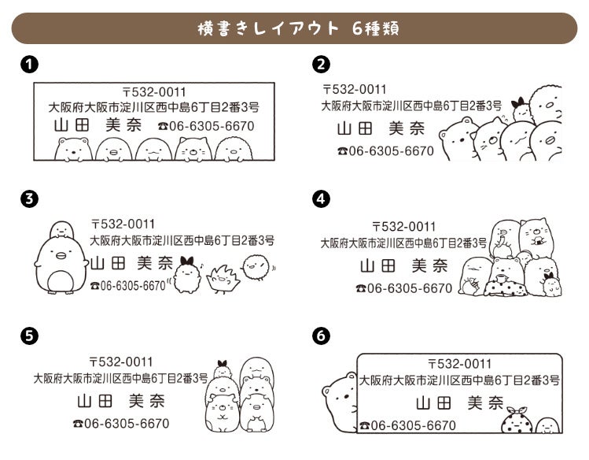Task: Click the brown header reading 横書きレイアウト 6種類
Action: click(x=294, y=29)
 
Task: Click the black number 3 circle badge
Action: click(x=28, y=198)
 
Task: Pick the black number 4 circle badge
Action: click(x=321, y=198)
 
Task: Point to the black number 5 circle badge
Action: click(x=28, y=336)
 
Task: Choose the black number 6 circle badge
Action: click(x=321, y=336)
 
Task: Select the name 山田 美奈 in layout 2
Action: click(x=381, y=128)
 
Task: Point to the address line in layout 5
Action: click(x=120, y=378)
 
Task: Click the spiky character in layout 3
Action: click(x=223, y=276)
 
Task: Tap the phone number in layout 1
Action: click(x=206, y=125)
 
